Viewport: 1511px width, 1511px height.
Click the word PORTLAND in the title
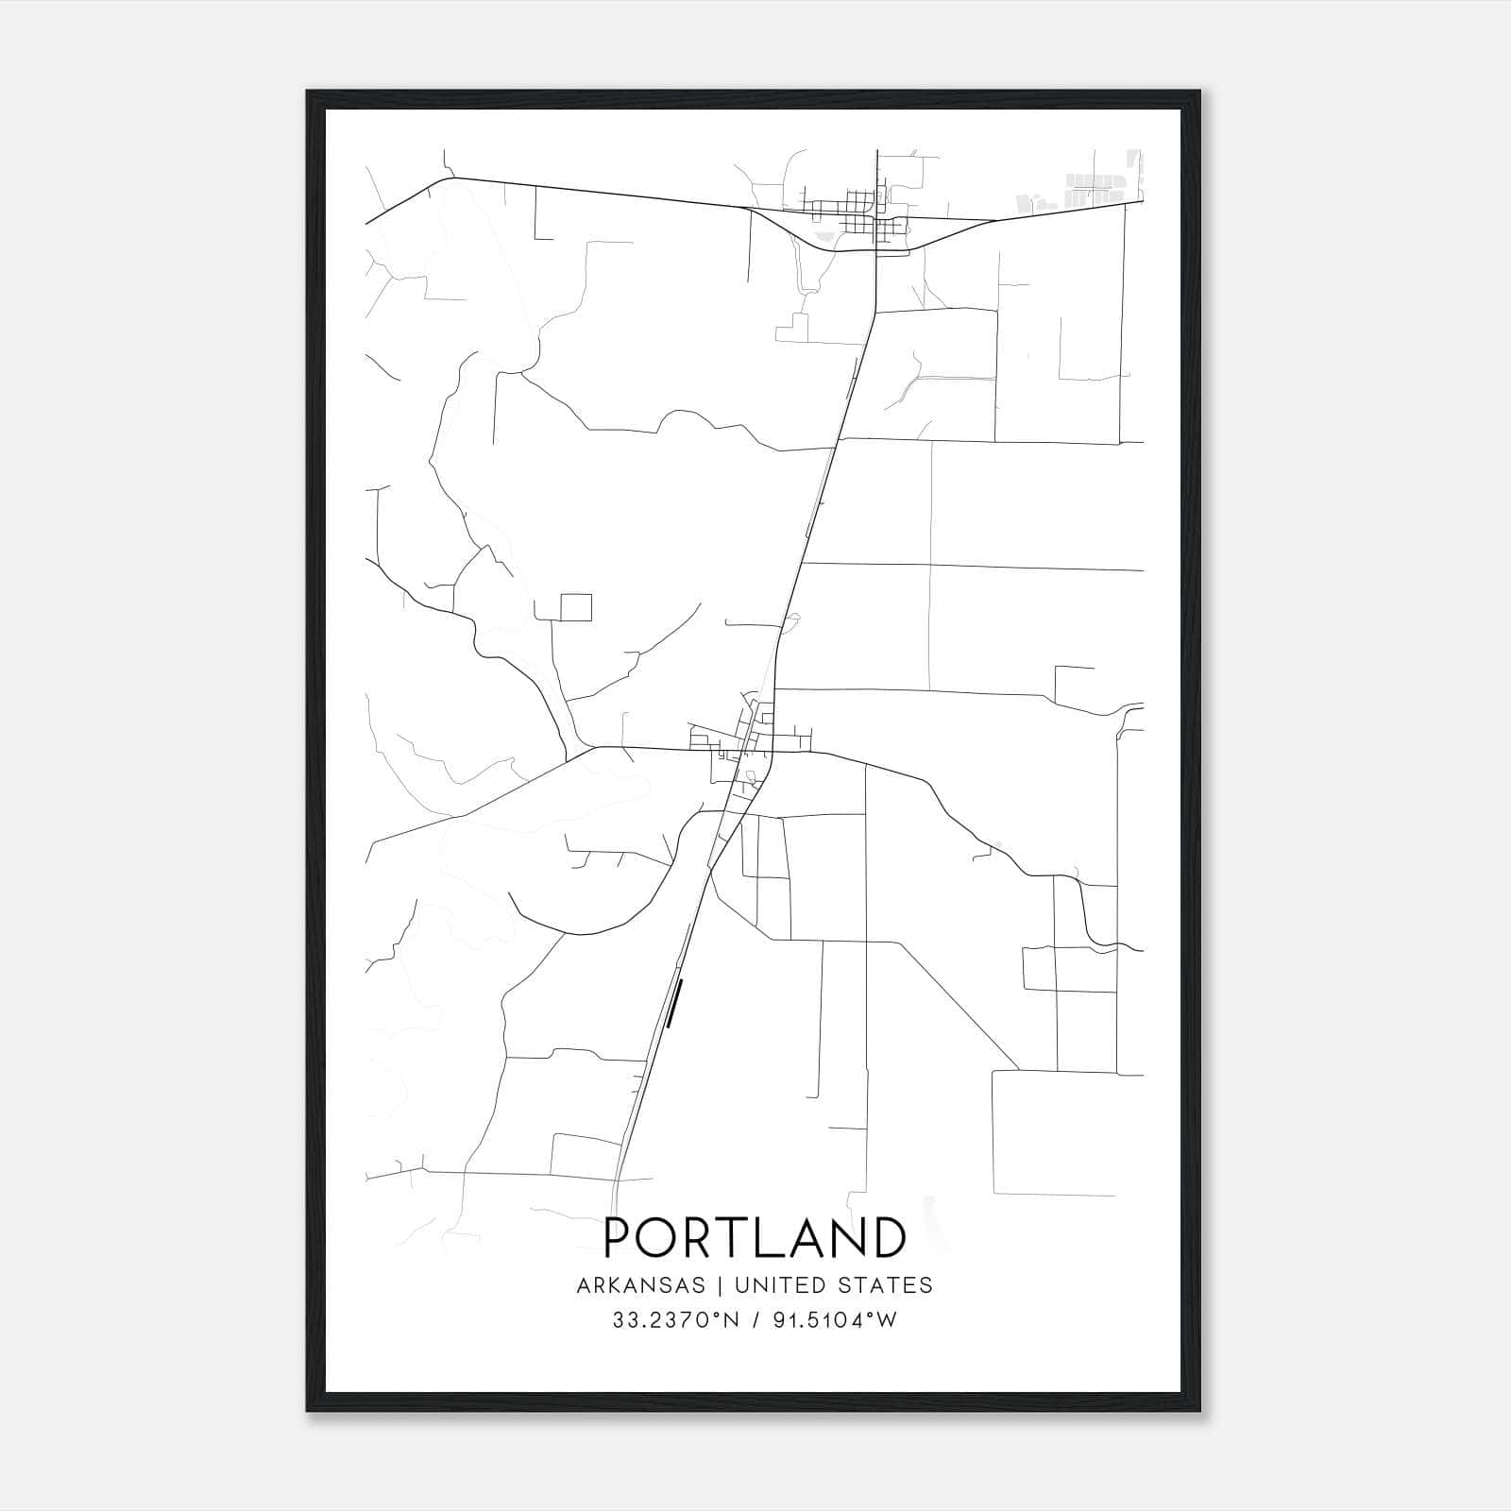tap(755, 1238)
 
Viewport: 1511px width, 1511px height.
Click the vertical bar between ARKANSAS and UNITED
tap(719, 1285)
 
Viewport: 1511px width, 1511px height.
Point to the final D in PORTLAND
tap(890, 1238)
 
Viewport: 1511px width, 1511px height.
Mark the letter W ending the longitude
tap(886, 1320)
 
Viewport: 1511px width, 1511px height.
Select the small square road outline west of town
tap(576, 607)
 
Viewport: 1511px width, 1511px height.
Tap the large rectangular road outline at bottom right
tap(1053, 1132)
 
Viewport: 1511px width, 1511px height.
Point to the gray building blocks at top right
tap(1086, 189)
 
